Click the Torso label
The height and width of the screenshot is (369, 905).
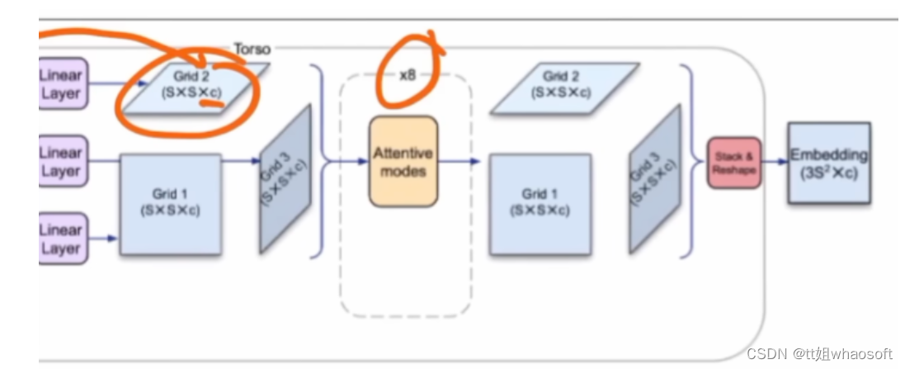click(x=252, y=50)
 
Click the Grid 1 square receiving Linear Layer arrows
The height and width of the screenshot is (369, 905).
click(x=170, y=202)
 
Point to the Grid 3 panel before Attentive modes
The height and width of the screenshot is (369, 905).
click(x=285, y=178)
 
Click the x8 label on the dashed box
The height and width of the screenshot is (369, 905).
click(x=407, y=74)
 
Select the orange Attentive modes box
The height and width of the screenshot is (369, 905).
click(x=403, y=162)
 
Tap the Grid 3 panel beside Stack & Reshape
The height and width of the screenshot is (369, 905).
click(x=655, y=178)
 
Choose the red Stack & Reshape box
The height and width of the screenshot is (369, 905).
click(x=734, y=163)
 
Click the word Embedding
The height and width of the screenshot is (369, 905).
click(x=828, y=154)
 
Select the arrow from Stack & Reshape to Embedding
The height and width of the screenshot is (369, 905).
click(x=774, y=163)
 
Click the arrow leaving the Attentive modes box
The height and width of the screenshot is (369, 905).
click(x=459, y=162)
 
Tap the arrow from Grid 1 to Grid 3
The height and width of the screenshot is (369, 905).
click(x=240, y=162)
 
